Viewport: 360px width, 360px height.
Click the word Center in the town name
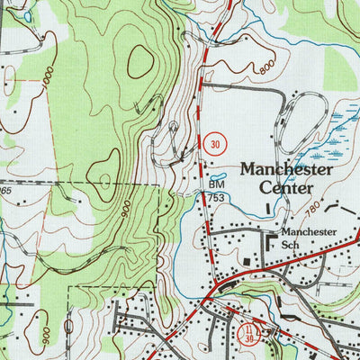[x=284, y=188]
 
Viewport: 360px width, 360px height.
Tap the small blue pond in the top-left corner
[x=28, y=16]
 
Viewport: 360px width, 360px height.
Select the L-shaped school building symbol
[x=272, y=241]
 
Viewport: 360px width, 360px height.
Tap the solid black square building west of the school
[x=251, y=261]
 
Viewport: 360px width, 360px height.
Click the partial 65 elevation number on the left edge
[x=4, y=191]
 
